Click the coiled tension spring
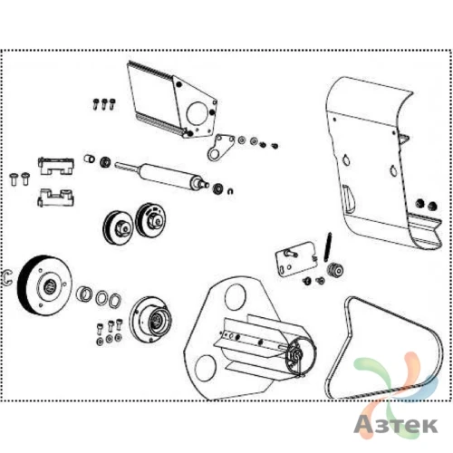(328, 246)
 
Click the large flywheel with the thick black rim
(44, 285)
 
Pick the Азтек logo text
(396, 426)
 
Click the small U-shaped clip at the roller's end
(230, 191)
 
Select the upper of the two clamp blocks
(56, 166)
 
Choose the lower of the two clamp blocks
(55, 198)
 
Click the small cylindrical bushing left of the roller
(89, 159)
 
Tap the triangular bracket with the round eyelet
(220, 147)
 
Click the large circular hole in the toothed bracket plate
(197, 113)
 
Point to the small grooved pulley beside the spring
(335, 269)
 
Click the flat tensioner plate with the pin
(296, 258)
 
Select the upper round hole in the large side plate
(236, 297)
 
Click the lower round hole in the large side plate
(206, 368)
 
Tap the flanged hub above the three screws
(150, 319)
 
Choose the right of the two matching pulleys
(150, 219)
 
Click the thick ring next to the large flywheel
(84, 294)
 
